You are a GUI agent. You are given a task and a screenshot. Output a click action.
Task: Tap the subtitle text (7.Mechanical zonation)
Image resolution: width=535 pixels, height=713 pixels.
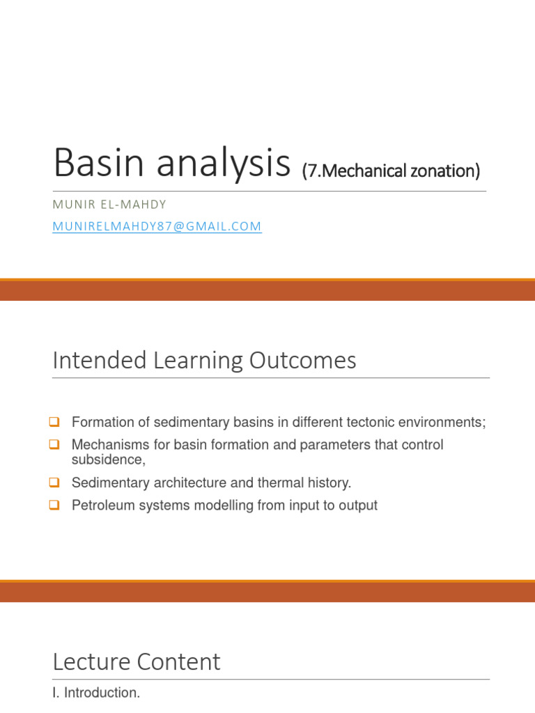[x=391, y=170]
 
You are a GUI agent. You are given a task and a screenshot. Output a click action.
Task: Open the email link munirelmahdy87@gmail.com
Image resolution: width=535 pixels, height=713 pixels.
[x=157, y=226]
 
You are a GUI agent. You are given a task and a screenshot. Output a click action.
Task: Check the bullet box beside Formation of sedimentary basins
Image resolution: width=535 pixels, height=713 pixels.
[x=54, y=422]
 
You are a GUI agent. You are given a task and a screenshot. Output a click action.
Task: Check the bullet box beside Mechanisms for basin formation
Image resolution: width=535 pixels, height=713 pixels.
[x=54, y=445]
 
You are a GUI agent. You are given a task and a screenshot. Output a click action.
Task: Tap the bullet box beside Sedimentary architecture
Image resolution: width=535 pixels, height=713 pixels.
[x=54, y=483]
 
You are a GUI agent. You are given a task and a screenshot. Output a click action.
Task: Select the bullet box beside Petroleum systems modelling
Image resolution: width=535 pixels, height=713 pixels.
[x=54, y=506]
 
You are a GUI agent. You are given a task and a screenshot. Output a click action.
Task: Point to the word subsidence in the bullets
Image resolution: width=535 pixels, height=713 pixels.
[x=107, y=460]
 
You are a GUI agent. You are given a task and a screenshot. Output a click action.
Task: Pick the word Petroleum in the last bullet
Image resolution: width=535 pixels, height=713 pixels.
[x=99, y=506]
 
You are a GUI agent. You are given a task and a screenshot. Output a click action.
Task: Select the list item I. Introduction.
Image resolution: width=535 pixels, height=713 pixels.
[x=96, y=693]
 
